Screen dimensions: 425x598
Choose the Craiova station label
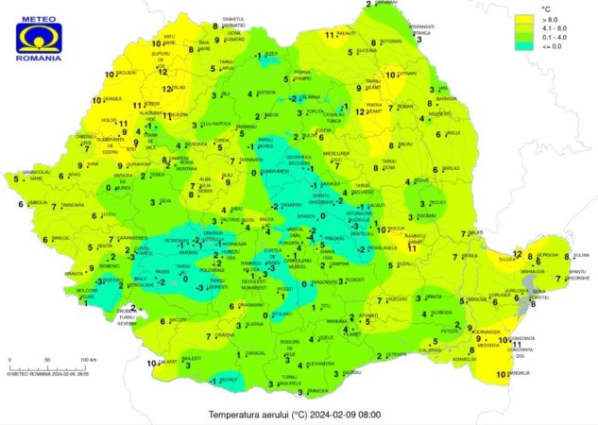point(225,335)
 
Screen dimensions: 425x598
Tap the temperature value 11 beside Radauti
point(330,35)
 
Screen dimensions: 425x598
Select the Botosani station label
point(391,42)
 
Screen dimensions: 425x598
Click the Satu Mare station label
point(170,39)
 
